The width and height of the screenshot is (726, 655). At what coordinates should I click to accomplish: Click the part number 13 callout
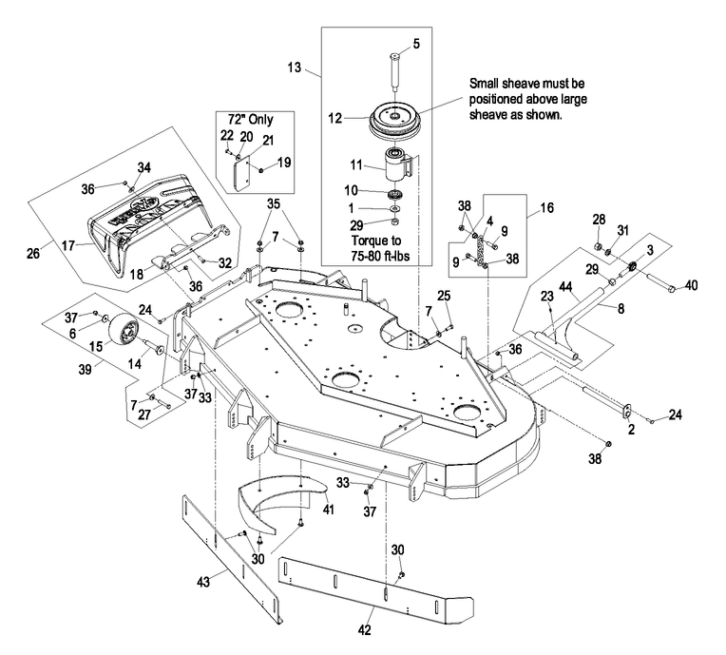point(294,67)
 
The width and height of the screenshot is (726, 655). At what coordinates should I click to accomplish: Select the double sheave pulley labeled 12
point(393,119)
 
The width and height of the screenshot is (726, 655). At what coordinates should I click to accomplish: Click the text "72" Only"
point(251,120)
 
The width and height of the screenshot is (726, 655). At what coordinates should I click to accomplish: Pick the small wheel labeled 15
point(123,328)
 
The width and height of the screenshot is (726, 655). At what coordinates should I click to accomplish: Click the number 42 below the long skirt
point(364,630)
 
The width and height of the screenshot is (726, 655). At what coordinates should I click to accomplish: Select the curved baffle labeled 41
point(281,504)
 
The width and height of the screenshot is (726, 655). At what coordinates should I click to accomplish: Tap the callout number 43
point(203,581)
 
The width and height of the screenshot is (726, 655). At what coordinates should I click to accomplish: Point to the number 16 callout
point(546,207)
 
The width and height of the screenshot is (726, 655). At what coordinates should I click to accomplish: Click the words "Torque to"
point(376,241)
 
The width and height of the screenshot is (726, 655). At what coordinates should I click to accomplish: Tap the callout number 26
point(33,254)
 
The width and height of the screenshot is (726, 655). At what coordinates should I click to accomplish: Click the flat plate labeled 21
point(241,173)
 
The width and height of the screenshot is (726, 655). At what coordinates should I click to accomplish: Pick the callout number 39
point(85,370)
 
